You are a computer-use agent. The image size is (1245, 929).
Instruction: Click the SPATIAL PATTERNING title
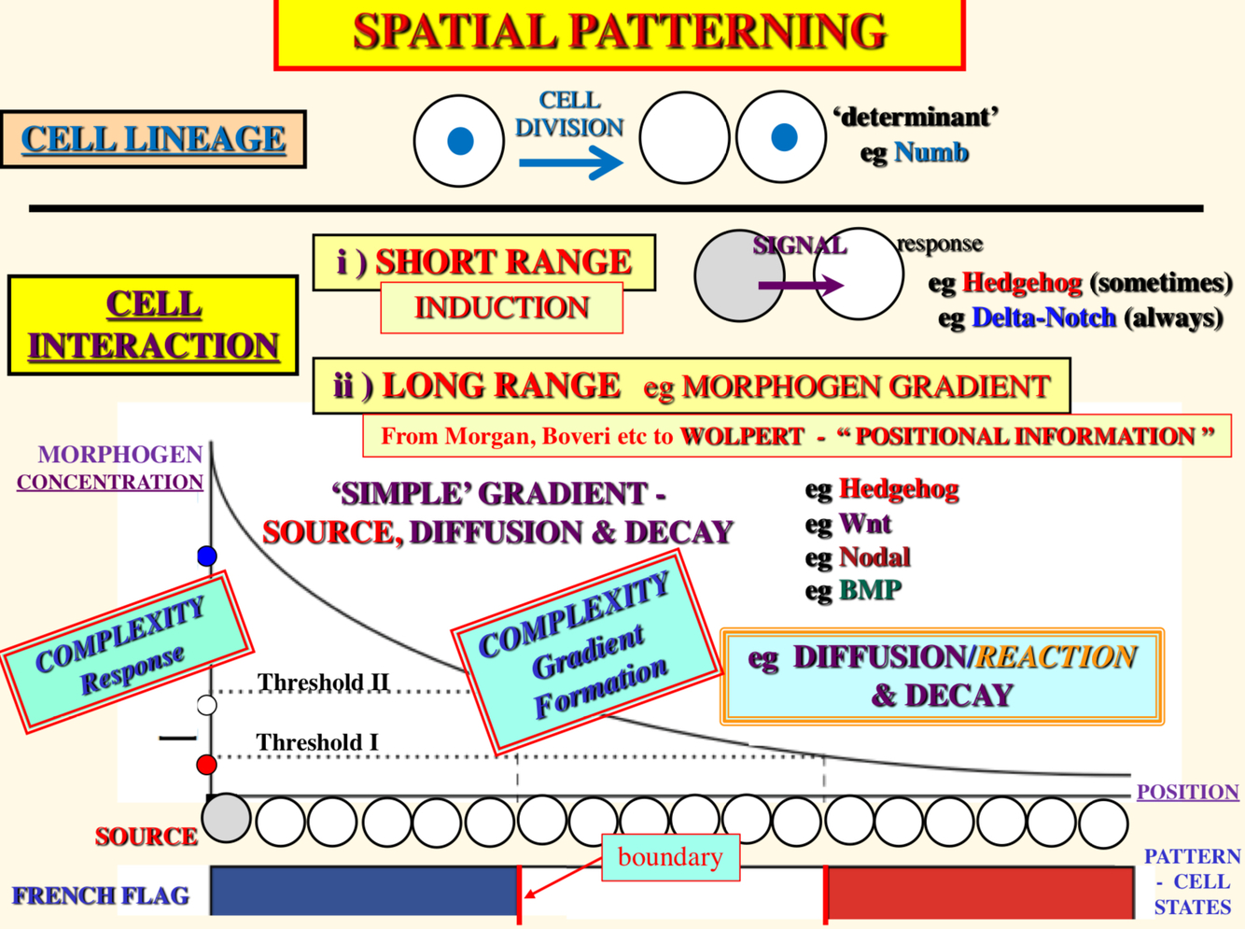(x=619, y=33)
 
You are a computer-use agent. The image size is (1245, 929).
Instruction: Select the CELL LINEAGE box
(x=153, y=139)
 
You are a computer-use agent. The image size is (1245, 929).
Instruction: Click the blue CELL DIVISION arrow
(x=570, y=163)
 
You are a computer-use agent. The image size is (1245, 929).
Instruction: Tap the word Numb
(x=930, y=152)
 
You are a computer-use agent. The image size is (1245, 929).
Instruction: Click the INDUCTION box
(x=501, y=307)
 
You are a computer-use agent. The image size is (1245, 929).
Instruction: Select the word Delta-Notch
(x=1043, y=317)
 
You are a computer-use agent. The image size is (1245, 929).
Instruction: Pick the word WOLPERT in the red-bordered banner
(x=742, y=436)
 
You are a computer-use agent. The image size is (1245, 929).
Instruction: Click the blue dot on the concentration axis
(x=207, y=556)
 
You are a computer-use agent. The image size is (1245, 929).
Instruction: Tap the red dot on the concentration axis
(x=207, y=766)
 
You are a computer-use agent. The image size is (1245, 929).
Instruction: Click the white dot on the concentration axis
(x=207, y=705)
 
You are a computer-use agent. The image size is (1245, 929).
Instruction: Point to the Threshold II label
(x=323, y=683)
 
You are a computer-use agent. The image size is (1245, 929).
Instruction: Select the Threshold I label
(x=317, y=742)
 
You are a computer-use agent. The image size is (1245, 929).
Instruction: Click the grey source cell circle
(x=227, y=818)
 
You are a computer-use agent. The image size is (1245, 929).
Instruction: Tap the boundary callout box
(x=670, y=857)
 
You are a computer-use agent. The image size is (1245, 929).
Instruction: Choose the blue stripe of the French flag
(x=364, y=891)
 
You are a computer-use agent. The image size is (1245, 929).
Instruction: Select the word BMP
(x=870, y=590)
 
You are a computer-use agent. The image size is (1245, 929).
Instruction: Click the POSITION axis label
(x=1187, y=792)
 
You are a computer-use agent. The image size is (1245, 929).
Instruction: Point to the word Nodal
(x=874, y=557)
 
